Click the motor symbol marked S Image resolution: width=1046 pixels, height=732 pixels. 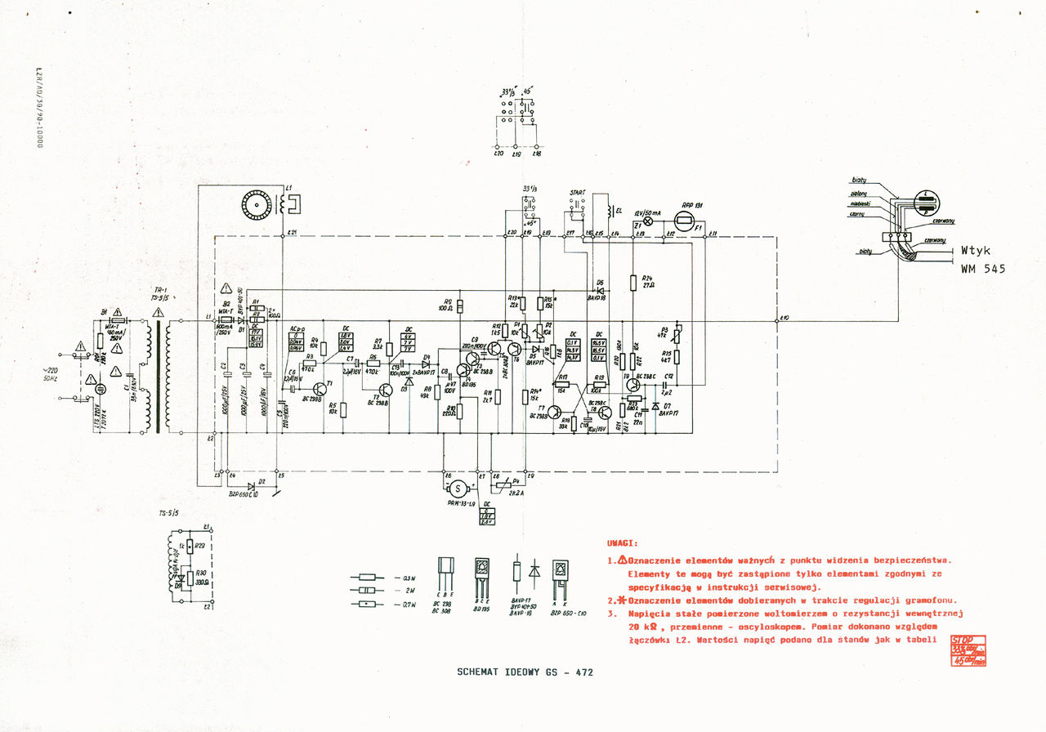click(458, 489)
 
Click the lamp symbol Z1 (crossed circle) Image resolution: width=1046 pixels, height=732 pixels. click(650, 221)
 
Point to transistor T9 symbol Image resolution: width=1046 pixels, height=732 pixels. click(633, 385)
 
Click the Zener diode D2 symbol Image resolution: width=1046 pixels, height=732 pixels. click(262, 482)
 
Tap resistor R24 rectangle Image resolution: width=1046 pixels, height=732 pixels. click(633, 283)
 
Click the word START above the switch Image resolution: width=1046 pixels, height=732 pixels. click(577, 193)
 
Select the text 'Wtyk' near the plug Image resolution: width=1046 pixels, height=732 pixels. click(977, 252)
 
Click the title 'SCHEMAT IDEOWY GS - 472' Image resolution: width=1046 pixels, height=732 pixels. click(525, 672)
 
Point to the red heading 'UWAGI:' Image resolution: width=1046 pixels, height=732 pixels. click(623, 542)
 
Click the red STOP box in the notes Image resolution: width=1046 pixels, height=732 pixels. click(968, 649)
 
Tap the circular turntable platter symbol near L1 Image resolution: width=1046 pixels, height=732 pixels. click(255, 203)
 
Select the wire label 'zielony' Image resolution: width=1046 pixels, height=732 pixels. click(860, 194)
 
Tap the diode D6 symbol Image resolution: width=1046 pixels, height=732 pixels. click(601, 290)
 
